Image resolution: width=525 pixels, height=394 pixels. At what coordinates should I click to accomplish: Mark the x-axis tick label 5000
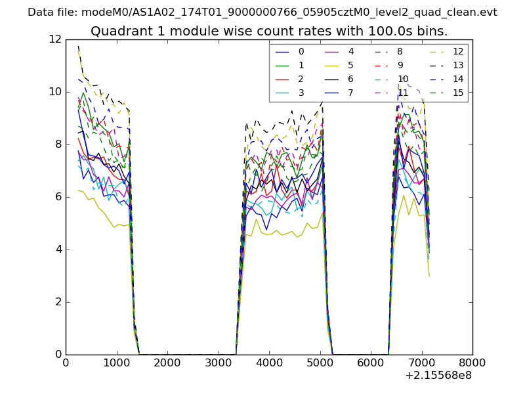[320, 361]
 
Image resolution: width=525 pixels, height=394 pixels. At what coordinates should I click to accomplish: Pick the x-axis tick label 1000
[116, 361]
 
